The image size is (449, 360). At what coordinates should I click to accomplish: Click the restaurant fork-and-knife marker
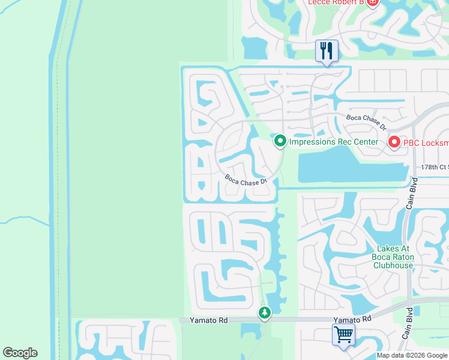point(327,50)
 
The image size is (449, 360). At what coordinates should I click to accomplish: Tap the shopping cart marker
point(343,334)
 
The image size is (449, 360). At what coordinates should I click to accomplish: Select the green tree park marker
point(265,312)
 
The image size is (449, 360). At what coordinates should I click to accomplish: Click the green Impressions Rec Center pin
point(280,142)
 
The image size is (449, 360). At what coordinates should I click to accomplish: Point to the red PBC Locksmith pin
point(394,142)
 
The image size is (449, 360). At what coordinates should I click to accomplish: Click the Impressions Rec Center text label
point(334,142)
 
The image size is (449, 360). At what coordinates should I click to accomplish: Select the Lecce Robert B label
point(336,2)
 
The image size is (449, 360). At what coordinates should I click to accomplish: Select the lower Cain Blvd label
point(408,323)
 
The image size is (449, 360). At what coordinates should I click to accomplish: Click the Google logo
point(20,353)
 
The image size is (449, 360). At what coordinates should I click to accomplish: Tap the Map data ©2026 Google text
point(412,355)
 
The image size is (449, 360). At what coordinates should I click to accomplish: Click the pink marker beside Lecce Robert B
point(372,2)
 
